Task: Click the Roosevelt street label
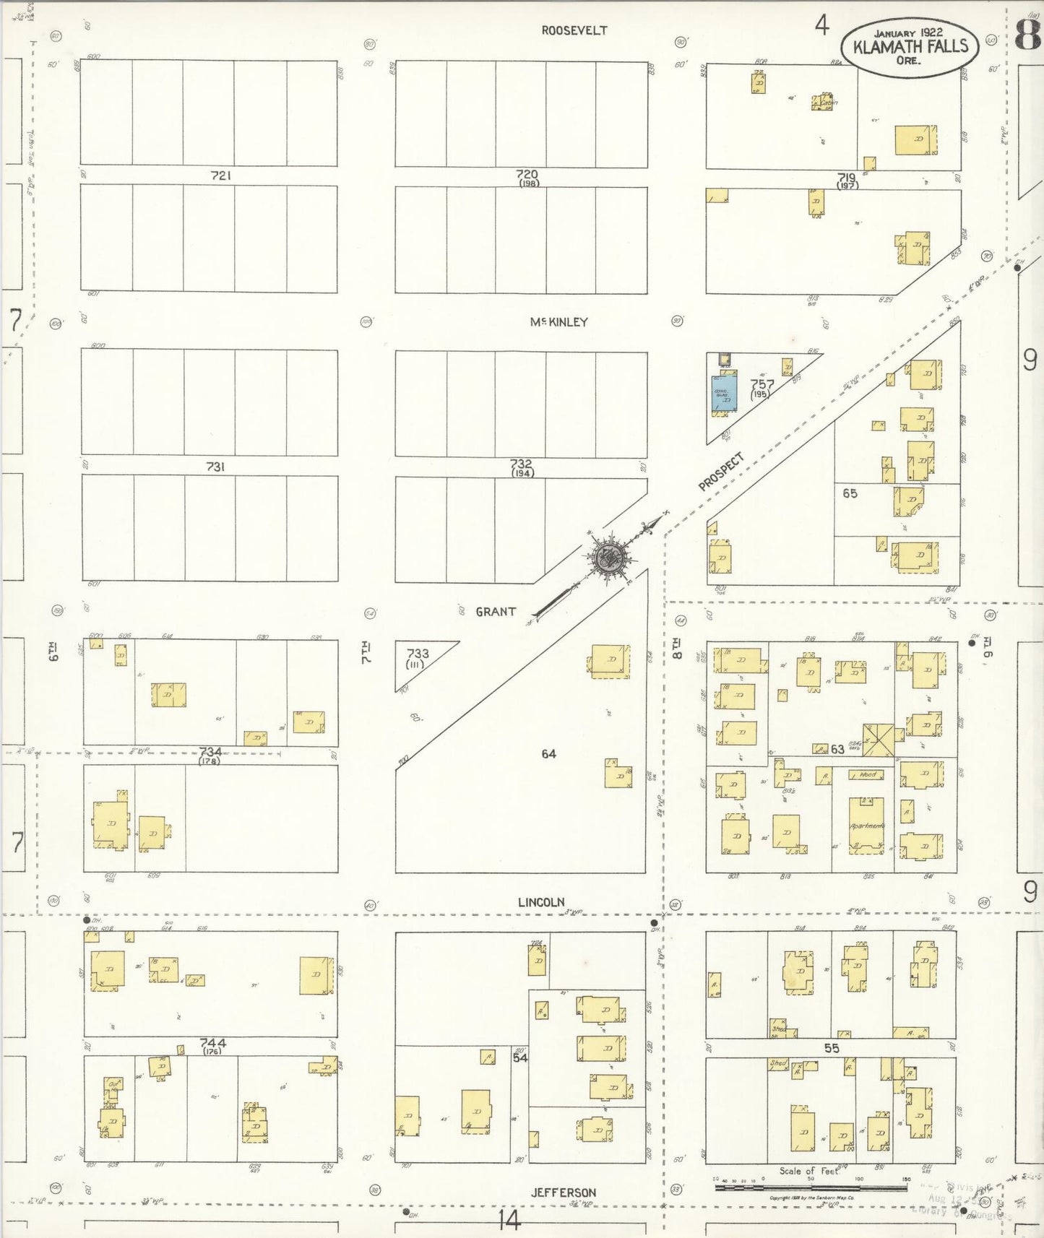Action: pos(574,30)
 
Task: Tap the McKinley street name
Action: pos(558,322)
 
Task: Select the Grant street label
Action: pos(496,612)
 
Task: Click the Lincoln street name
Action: pos(540,902)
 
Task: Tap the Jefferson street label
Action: pos(564,1192)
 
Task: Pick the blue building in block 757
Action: pos(723,394)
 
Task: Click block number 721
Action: pos(220,176)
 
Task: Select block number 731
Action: pos(215,467)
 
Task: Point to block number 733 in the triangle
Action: pos(417,654)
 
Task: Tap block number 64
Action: pos(548,753)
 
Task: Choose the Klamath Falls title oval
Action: pos(909,46)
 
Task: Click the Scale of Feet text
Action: pos(809,1171)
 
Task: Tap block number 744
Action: pos(212,1043)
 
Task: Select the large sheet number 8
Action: pos(1028,34)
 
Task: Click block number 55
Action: pos(832,1047)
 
